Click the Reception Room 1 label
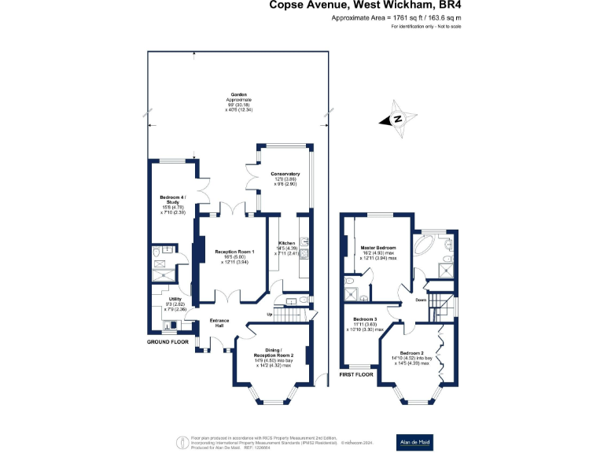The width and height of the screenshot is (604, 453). click(235, 257)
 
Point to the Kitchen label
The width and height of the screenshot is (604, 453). click(286, 249)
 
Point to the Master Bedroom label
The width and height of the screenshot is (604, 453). click(378, 252)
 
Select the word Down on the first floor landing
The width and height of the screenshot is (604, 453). click(421, 300)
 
